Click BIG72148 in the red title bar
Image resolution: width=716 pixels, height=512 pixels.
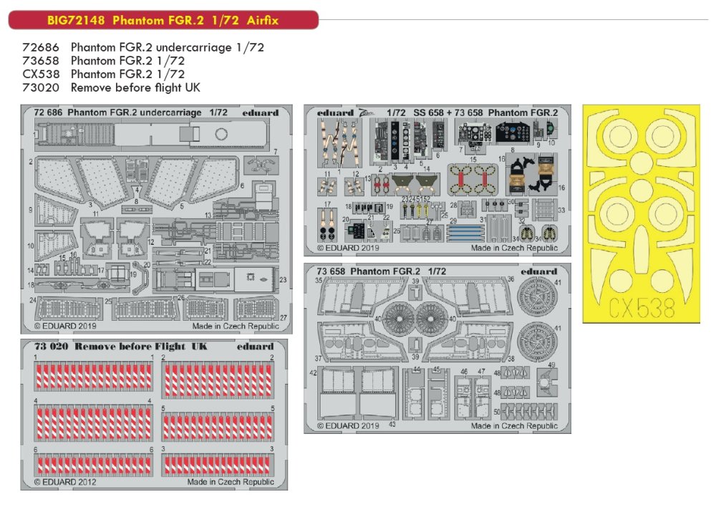47,20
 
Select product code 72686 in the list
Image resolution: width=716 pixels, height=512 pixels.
40,48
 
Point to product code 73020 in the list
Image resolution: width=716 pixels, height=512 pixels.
40,87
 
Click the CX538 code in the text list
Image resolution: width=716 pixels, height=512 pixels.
40,74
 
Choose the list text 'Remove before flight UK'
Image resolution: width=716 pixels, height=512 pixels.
135,87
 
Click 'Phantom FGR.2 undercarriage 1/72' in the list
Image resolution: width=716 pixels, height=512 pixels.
162,48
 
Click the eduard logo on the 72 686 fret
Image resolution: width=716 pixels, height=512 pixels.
261,112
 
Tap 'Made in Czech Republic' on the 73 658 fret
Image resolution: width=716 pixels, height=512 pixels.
514,426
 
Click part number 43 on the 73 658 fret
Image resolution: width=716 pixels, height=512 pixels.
392,424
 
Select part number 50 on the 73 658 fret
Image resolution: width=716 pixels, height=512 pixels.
496,412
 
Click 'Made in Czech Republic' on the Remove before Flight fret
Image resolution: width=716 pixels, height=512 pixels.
231,482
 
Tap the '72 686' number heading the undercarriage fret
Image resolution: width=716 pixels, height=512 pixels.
48,112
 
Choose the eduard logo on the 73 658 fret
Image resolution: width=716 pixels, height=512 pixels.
539,271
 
